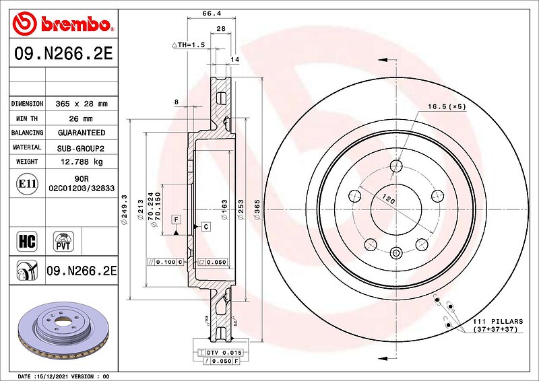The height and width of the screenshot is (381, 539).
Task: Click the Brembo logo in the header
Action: (x=63, y=24)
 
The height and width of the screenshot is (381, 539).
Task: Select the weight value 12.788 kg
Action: (x=82, y=162)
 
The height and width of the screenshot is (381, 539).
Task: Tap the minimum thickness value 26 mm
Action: (x=81, y=119)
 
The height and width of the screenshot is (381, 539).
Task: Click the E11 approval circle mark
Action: (x=27, y=184)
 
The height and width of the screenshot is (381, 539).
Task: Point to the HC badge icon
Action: (x=27, y=241)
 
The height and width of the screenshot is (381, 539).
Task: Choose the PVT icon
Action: (x=63, y=241)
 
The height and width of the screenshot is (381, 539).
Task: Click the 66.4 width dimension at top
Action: (x=212, y=13)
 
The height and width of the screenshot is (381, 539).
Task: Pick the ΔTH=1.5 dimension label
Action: (x=189, y=44)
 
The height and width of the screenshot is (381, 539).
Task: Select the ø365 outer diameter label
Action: (x=257, y=209)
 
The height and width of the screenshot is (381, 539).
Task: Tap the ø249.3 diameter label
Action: (x=124, y=209)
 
